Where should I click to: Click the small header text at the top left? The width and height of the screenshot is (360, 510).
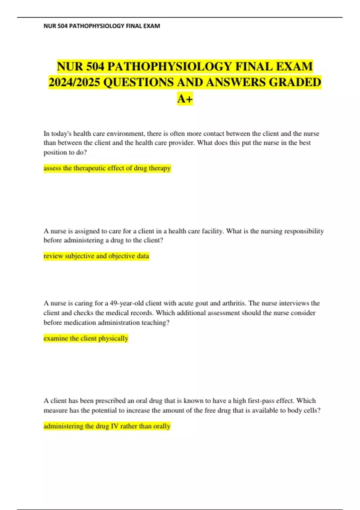click(102, 26)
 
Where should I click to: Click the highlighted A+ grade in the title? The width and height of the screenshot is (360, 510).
click(185, 98)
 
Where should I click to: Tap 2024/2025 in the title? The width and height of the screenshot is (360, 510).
click(74, 82)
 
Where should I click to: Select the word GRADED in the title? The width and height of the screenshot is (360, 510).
click(295, 82)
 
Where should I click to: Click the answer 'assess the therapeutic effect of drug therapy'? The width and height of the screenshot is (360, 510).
click(107, 168)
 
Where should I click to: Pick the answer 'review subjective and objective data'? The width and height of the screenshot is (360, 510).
click(96, 256)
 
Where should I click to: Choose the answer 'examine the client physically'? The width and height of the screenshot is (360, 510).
click(86, 338)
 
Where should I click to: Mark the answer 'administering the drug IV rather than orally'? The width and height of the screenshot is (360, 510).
click(107, 426)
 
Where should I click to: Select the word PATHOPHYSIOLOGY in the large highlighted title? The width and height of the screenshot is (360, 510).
click(169, 66)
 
